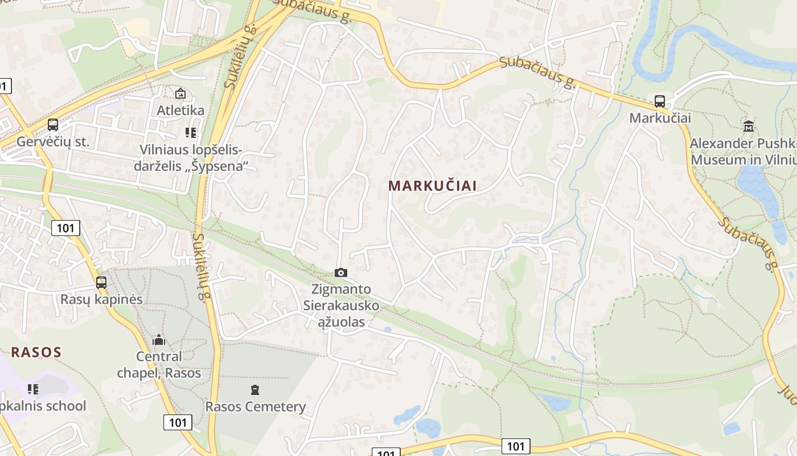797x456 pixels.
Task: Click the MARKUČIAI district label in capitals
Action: click(x=432, y=186)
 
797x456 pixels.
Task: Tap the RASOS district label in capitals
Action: click(x=36, y=352)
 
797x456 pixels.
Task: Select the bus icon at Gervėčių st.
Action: click(x=53, y=125)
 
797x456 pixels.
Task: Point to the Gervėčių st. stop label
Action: click(x=53, y=142)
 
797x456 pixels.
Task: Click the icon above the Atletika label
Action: click(x=180, y=93)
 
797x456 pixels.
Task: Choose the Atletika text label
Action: click(x=180, y=110)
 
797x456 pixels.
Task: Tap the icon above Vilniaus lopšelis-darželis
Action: click(x=191, y=133)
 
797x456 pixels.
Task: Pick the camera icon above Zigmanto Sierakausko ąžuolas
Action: click(x=341, y=272)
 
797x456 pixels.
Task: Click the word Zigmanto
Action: click(x=341, y=289)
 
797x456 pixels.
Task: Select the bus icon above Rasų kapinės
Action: click(x=101, y=282)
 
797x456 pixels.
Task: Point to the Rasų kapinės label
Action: click(x=101, y=299)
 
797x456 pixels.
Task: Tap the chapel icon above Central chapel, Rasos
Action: click(x=159, y=340)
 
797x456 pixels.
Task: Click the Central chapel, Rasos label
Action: click(x=159, y=365)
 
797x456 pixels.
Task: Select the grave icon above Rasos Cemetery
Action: click(x=255, y=390)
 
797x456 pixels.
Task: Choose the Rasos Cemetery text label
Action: click(x=255, y=407)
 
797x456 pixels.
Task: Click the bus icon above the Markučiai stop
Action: click(x=660, y=101)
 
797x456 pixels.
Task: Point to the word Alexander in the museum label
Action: click(x=720, y=143)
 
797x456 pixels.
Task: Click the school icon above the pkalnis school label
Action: click(x=33, y=389)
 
